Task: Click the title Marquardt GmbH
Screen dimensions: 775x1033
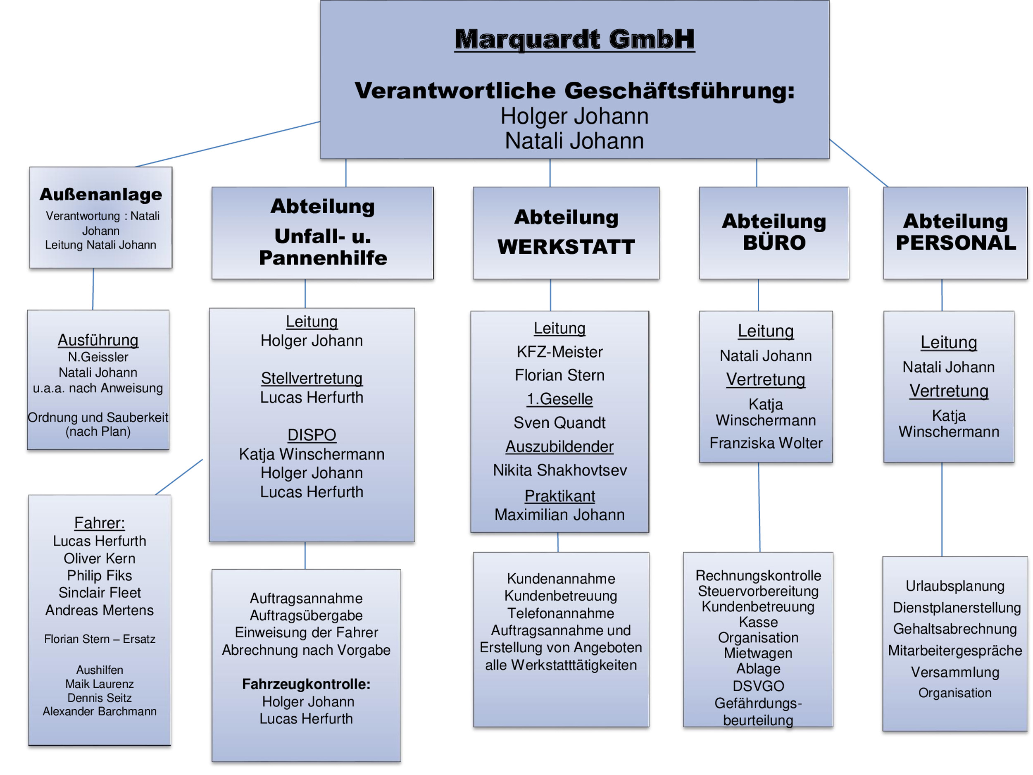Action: click(x=574, y=39)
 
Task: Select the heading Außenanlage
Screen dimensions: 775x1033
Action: click(x=101, y=194)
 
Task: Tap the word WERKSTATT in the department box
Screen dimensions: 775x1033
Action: click(x=566, y=247)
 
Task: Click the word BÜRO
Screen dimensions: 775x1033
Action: click(x=774, y=243)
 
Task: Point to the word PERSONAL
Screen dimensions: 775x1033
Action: click(x=955, y=243)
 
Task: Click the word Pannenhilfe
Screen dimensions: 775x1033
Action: click(x=323, y=258)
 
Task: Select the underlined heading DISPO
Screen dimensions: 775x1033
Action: click(x=312, y=435)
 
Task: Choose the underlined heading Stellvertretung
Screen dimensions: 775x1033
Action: click(x=312, y=378)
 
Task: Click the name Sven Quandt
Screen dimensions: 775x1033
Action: click(x=559, y=423)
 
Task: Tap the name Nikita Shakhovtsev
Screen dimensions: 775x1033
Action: click(x=559, y=470)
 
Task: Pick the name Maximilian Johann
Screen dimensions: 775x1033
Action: click(x=559, y=515)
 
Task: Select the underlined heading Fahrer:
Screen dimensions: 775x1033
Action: click(x=100, y=523)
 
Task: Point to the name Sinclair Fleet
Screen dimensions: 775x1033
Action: click(x=100, y=593)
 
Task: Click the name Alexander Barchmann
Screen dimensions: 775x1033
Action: click(x=100, y=711)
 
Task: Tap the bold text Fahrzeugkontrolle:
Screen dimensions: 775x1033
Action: click(x=306, y=684)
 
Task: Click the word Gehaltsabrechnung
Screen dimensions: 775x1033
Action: click(x=954, y=629)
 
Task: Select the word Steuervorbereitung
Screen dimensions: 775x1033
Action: click(x=758, y=591)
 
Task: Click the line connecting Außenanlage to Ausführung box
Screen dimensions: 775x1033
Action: click(x=93, y=289)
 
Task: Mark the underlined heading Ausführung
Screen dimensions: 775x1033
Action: click(x=98, y=340)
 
